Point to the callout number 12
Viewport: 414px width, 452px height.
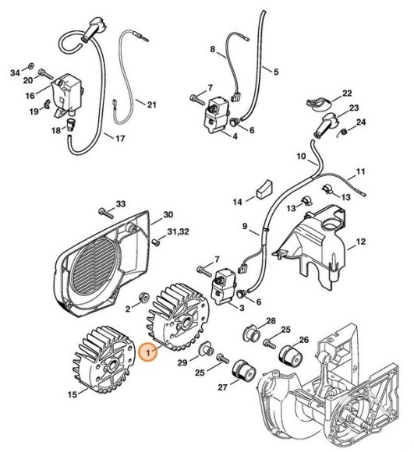click(x=360, y=242)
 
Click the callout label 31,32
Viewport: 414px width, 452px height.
click(x=179, y=233)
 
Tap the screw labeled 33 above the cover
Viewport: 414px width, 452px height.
click(x=105, y=211)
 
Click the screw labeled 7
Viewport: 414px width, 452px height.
click(x=195, y=98)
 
